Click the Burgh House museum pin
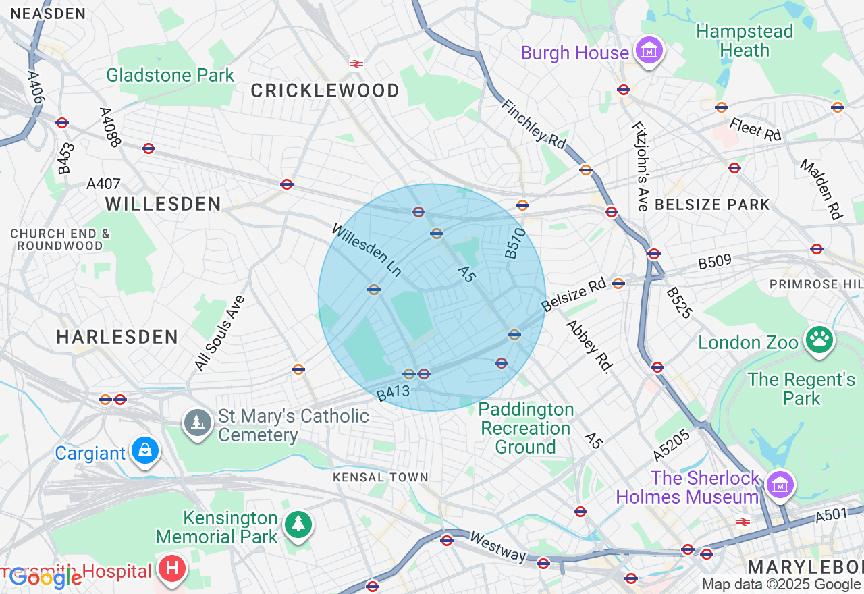point(649,51)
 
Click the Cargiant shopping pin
point(144,450)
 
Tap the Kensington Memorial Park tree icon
point(298,524)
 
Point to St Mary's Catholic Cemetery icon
point(197,423)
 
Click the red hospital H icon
point(171,568)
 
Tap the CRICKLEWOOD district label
point(325,90)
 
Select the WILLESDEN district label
point(163,203)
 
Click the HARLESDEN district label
point(117,337)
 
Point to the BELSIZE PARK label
point(712,205)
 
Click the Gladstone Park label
point(170,75)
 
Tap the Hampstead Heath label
point(745,41)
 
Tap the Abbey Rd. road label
point(588,346)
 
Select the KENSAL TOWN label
point(381,477)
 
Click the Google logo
point(45,578)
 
